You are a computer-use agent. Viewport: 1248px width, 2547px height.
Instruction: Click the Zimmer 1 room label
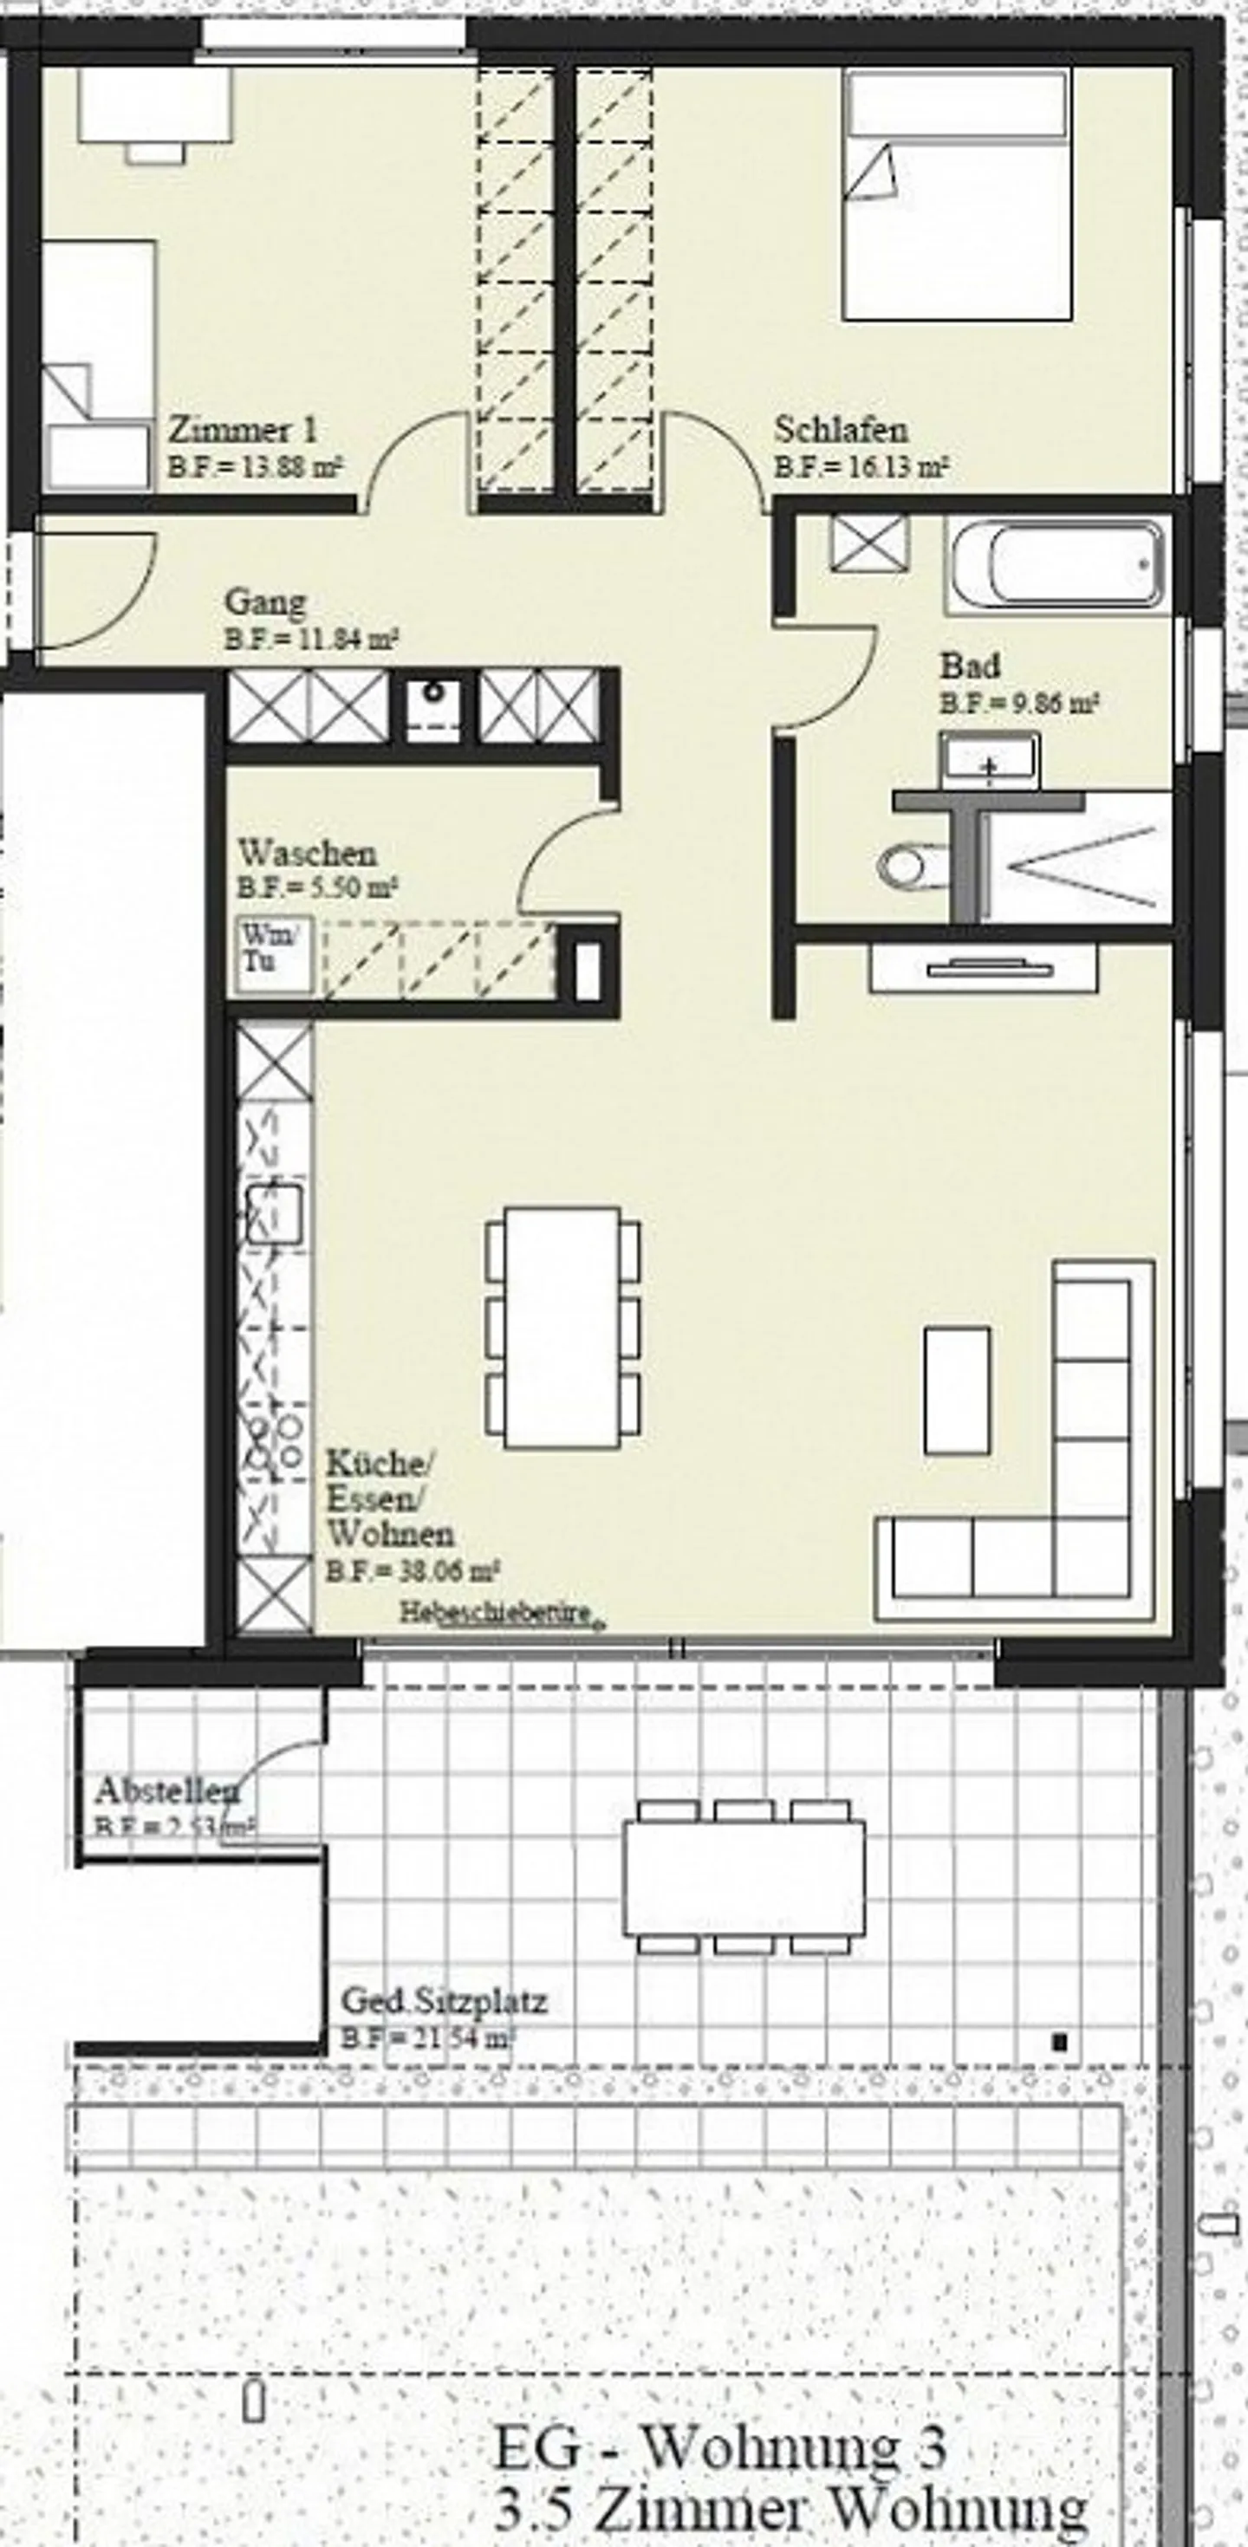[243, 430]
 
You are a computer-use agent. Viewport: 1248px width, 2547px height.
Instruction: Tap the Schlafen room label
[841, 430]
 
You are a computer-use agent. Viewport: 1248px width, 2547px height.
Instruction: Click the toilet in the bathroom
[904, 866]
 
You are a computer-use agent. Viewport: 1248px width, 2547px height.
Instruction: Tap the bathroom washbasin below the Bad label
[990, 760]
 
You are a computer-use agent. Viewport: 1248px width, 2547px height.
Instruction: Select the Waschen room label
[308, 852]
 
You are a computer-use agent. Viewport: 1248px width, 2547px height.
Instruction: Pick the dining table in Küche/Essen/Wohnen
[562, 1328]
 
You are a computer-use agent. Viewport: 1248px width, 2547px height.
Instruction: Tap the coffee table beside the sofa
[956, 1390]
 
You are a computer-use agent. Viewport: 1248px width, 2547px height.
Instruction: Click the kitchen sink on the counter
[274, 1213]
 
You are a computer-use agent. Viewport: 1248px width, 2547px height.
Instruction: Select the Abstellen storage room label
[166, 1790]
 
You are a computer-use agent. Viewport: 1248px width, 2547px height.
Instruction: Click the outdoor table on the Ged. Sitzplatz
[744, 1879]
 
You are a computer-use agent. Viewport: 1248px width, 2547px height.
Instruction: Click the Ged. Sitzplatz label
[443, 2002]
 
